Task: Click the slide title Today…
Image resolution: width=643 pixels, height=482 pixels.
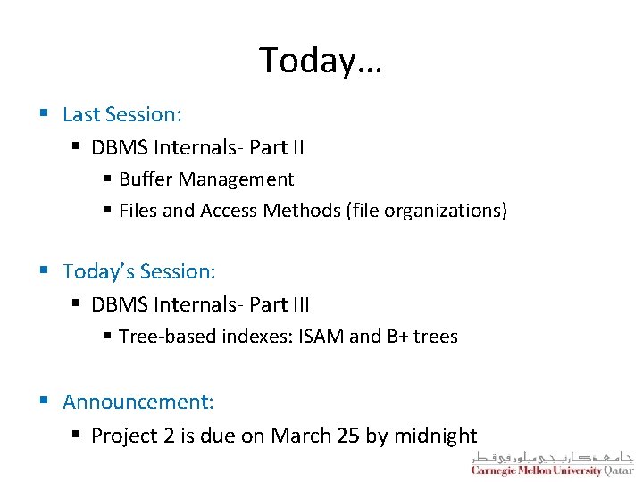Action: coord(321,61)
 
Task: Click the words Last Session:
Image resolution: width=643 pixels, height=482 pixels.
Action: coord(122,114)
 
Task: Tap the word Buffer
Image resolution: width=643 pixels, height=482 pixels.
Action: coord(146,179)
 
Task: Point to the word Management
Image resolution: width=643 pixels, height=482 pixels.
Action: coord(236,179)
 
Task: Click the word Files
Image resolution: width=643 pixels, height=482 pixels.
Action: coord(138,211)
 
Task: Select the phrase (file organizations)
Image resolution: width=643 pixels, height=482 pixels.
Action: coord(428,211)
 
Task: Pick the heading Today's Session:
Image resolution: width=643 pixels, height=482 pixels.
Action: coord(139,271)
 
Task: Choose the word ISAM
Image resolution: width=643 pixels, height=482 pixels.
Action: coord(321,337)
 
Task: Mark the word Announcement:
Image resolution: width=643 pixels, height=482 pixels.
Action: coord(138,403)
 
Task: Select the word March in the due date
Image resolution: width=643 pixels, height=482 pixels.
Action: coord(301,436)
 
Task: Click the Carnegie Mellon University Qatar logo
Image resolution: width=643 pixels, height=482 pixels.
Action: coord(552,462)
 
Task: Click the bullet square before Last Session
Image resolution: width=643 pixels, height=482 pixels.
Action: coord(44,114)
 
